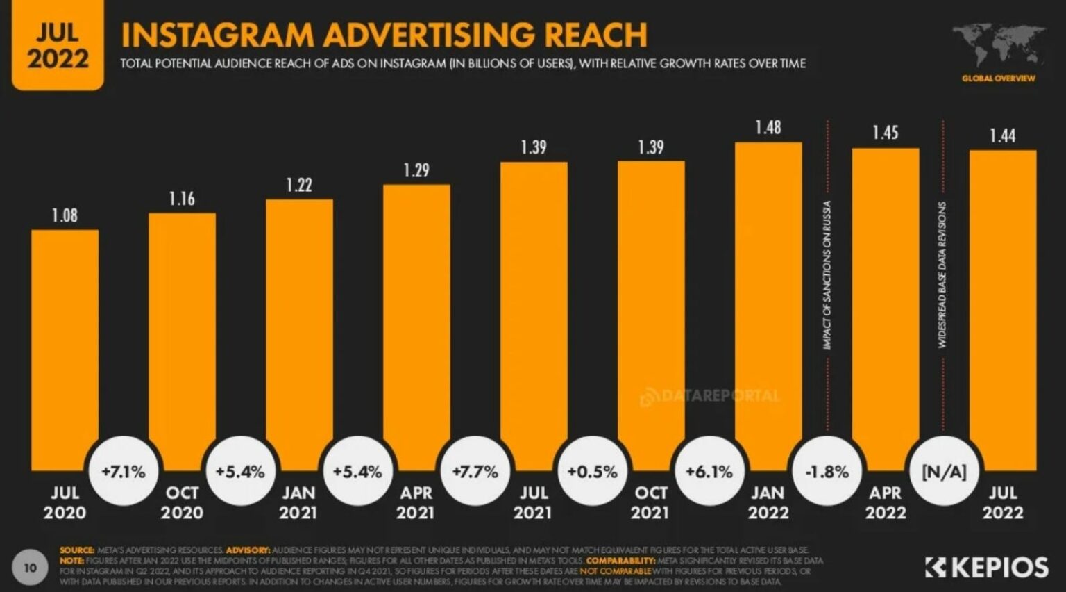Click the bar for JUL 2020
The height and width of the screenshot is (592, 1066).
tap(65, 347)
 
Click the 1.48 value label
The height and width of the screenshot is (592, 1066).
tap(768, 128)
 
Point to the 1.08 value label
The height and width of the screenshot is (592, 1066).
tap(65, 215)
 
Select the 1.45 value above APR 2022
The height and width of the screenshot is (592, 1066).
tap(886, 133)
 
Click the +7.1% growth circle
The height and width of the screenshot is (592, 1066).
tap(124, 472)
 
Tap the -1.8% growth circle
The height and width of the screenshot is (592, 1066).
tap(827, 472)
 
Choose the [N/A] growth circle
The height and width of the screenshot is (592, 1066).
tap(944, 472)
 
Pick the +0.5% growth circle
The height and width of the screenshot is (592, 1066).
tap(592, 472)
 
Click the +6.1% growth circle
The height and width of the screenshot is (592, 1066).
tap(709, 472)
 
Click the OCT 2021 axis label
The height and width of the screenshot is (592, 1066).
tap(651, 502)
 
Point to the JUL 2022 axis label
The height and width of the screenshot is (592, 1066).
tap(1003, 502)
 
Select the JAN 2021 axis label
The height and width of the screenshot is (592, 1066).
tap(299, 502)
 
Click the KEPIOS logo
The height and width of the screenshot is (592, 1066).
tap(987, 567)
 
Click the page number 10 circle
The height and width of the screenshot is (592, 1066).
tap(30, 568)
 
